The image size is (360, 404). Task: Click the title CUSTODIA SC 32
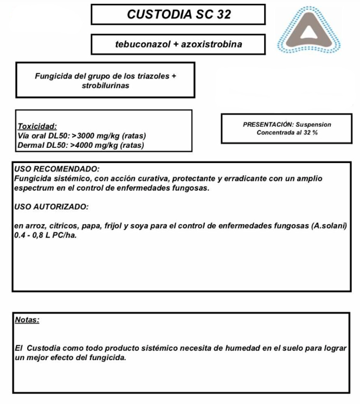[178, 15]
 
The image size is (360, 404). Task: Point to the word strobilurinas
[105, 86]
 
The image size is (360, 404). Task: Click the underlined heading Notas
[27, 320]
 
